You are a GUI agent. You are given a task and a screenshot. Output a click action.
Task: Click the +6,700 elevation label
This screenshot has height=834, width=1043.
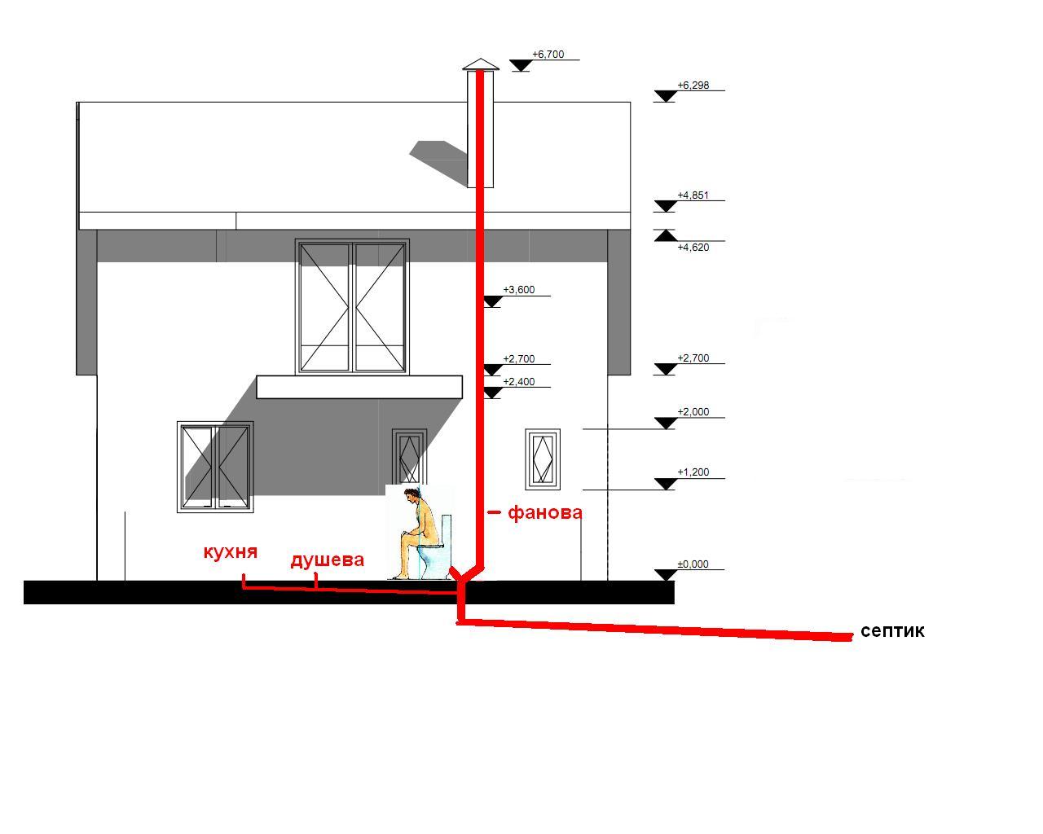pos(548,55)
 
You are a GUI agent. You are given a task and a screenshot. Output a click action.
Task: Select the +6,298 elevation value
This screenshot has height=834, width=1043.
pos(693,86)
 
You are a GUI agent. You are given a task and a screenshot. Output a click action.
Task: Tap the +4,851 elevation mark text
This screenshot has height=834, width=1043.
pos(693,195)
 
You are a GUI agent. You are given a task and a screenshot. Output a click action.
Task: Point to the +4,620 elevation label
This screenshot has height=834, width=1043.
pos(693,248)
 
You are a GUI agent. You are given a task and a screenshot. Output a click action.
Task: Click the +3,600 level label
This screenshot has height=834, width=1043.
pos(518,290)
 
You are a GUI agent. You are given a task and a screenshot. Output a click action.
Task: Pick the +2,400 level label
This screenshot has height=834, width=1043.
pos(518,382)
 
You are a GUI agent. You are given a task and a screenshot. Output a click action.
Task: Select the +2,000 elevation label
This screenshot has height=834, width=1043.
pos(693,412)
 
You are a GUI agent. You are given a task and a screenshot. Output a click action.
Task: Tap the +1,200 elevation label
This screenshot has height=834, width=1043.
pos(693,472)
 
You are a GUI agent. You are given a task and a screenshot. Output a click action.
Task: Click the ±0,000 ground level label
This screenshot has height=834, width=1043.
pos(693,564)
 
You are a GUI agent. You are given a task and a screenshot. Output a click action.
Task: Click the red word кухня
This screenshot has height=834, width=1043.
pos(231,552)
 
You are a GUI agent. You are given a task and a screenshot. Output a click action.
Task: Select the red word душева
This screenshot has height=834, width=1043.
pos(327,560)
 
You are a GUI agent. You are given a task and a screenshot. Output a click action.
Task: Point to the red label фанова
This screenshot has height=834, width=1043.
pos(545,512)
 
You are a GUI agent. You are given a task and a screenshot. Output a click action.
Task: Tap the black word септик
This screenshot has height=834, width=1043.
pos(892,631)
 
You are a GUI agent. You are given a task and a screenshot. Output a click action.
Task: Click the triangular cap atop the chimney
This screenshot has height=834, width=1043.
pos(480,64)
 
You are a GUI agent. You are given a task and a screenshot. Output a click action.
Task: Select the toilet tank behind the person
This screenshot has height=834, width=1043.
pos(447,529)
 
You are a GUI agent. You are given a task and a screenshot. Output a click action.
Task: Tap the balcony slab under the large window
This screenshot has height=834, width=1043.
pos(359,387)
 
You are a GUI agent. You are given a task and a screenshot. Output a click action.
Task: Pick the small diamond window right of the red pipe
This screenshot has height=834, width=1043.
pos(543,459)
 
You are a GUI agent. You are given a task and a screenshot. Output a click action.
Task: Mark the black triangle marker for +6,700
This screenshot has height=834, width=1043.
pos(521,65)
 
